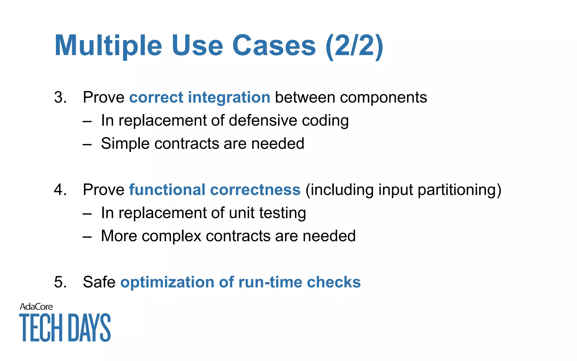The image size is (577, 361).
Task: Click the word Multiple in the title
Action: pos(108,46)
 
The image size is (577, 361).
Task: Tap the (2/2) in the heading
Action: pos(354,46)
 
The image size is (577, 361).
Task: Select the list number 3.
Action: pos(60,98)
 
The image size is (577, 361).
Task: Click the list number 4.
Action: pos(60,190)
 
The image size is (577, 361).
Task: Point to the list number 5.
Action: pos(60,282)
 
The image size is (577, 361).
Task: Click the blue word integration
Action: pos(229,98)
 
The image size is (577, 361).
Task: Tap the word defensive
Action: pos(263,121)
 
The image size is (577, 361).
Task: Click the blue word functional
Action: pos(167,190)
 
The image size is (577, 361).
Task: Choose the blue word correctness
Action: pos(255,190)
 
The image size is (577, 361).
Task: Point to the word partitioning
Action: pos(459,190)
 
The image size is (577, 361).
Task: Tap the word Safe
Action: pos(99,282)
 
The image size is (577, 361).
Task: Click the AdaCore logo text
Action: pos(36,307)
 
